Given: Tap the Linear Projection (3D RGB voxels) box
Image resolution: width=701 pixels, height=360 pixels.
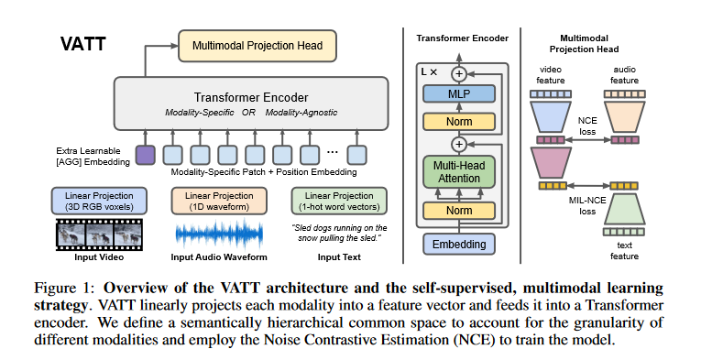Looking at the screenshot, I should pyautogui.click(x=100, y=201).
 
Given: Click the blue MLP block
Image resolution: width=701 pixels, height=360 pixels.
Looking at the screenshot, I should pyautogui.click(x=457, y=93).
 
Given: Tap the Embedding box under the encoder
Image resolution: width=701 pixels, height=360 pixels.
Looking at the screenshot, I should pyautogui.click(x=457, y=244).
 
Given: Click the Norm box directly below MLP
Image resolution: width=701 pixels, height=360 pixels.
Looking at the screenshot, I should pyautogui.click(x=457, y=121).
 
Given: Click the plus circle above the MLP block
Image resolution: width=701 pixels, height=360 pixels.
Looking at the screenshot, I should pyautogui.click(x=457, y=72).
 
